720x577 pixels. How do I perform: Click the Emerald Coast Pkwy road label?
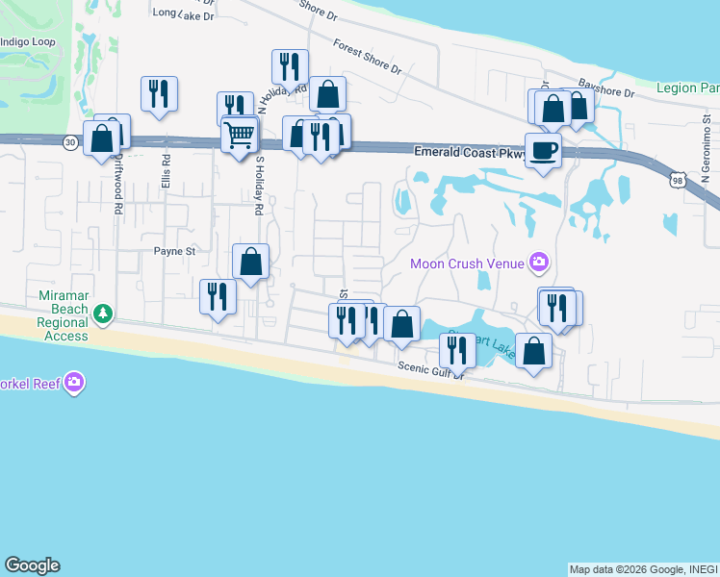pyautogui.click(x=471, y=152)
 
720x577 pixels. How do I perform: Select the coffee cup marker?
pyautogui.click(x=544, y=151)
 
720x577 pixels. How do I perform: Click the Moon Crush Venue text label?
pyautogui.click(x=467, y=263)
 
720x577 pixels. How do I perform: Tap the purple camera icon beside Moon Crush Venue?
pyautogui.click(x=538, y=262)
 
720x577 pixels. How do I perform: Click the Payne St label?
pyautogui.click(x=175, y=252)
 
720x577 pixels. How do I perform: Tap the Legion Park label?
pyautogui.click(x=687, y=88)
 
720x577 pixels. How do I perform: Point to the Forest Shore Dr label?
pyautogui.click(x=367, y=57)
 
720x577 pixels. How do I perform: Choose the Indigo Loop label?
pyautogui.click(x=27, y=43)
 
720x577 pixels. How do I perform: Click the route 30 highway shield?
pyautogui.click(x=70, y=142)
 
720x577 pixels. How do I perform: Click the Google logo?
pyautogui.click(x=32, y=565)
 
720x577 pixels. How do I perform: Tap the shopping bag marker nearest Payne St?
pyautogui.click(x=250, y=261)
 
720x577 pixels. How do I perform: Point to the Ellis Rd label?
pyautogui.click(x=166, y=173)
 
